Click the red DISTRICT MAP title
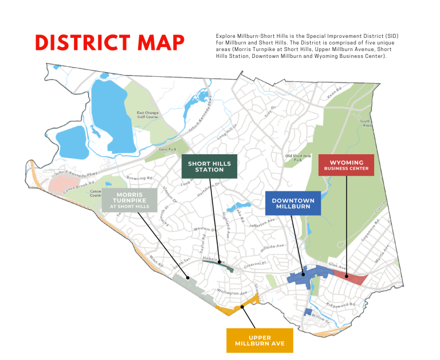(109, 42)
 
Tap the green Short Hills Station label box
(210, 166)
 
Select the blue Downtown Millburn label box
(293, 203)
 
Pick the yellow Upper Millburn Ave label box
(260, 340)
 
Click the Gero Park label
(166, 148)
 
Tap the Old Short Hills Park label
(298, 158)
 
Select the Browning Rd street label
(136, 178)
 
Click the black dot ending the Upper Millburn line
(243, 307)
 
